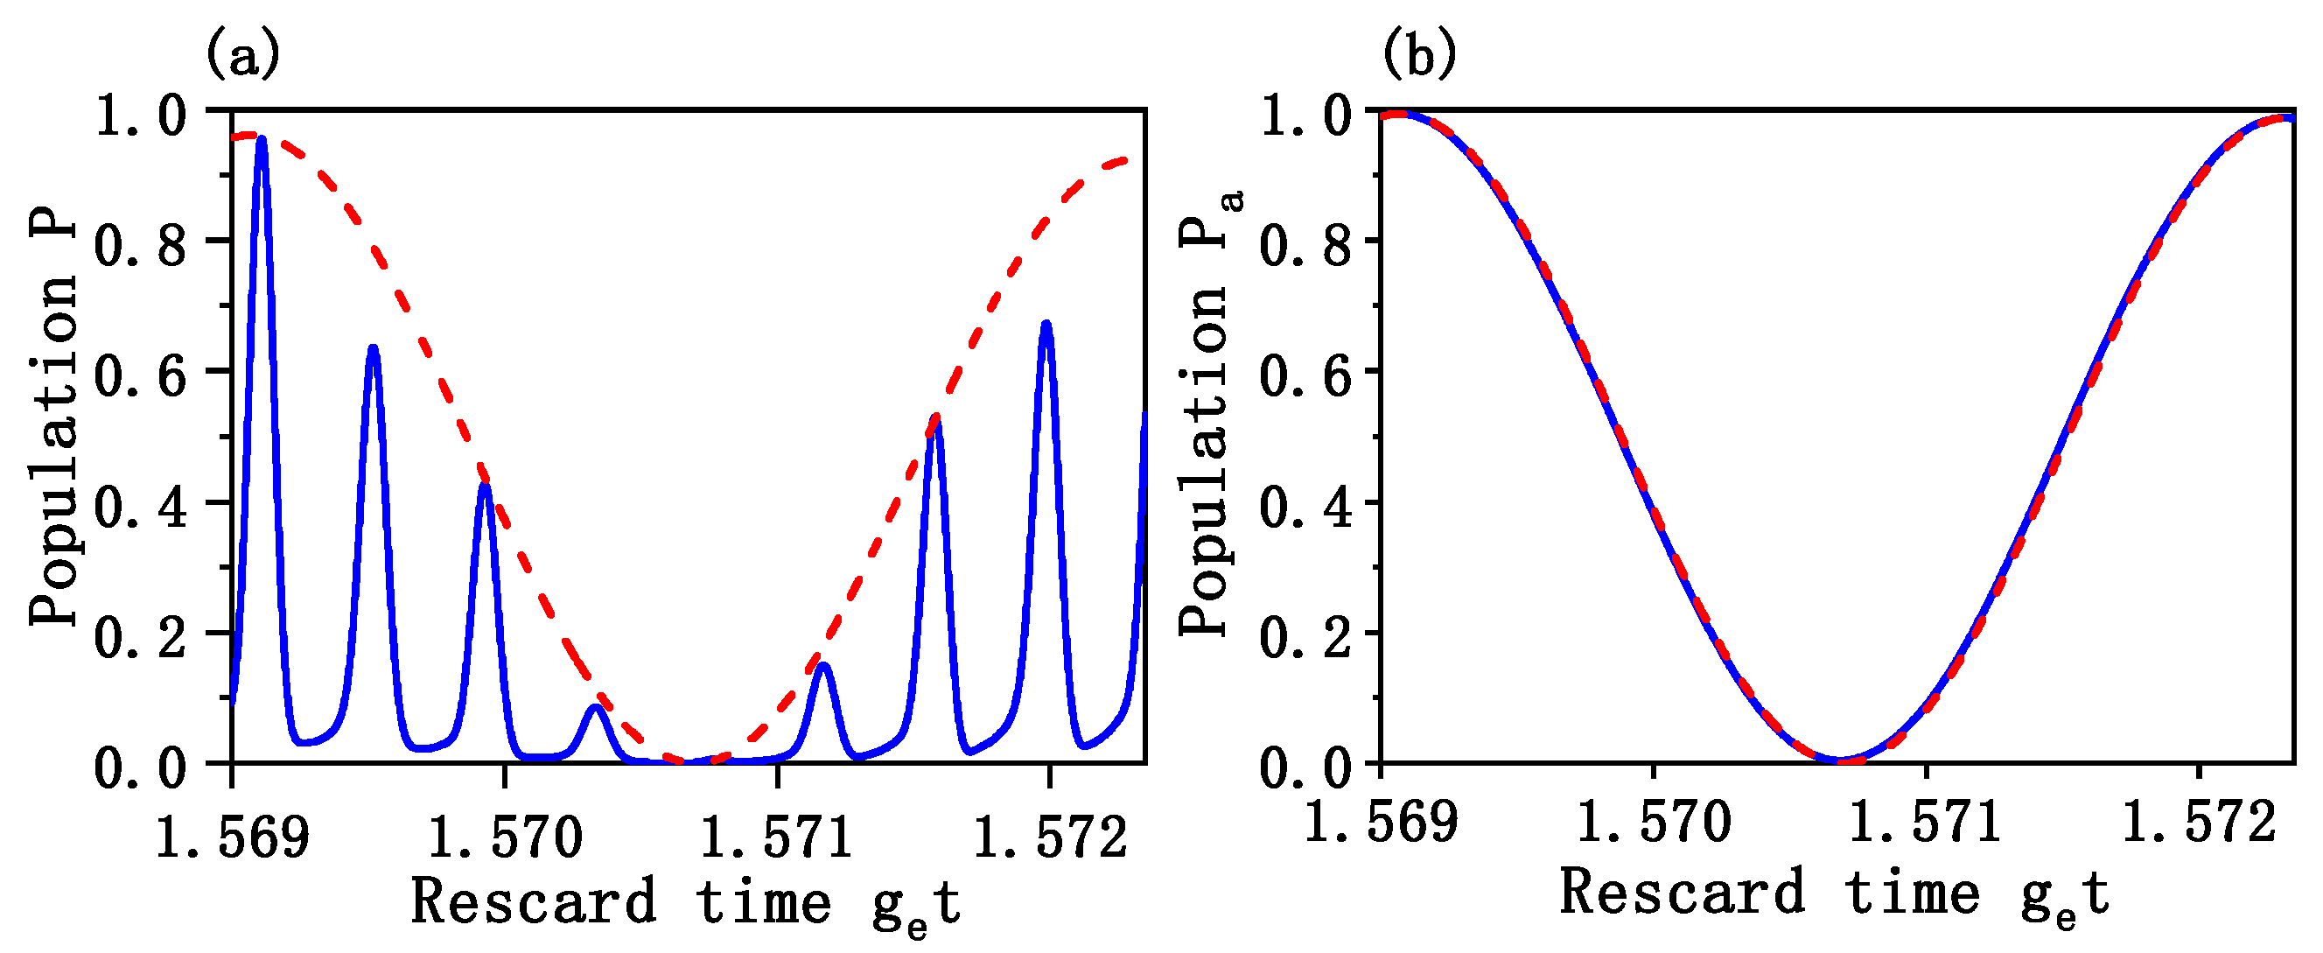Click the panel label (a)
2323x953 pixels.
(242, 55)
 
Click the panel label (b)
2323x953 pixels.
(1418, 55)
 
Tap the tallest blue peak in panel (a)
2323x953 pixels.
(262, 141)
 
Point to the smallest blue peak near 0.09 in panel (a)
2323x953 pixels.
(594, 709)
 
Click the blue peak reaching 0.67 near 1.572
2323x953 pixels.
(1046, 326)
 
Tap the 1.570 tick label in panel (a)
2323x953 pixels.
(505, 836)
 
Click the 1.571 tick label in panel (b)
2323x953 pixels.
(1925, 823)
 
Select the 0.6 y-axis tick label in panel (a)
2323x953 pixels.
(141, 375)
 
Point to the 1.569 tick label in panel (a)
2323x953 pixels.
(232, 836)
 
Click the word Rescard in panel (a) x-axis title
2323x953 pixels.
(534, 900)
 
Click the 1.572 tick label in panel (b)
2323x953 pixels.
(2199, 823)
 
